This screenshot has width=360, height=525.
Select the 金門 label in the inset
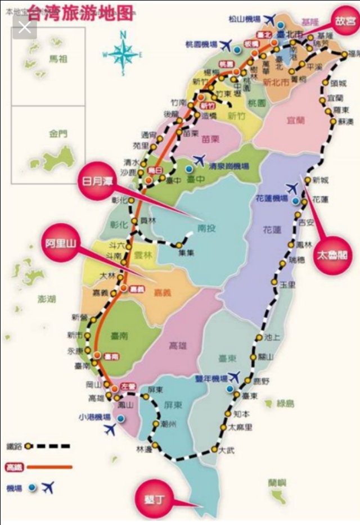click(57, 134)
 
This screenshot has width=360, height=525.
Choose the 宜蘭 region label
click(295, 119)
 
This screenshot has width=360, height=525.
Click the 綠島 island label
click(286, 403)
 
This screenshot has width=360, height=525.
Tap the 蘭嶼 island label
click(277, 482)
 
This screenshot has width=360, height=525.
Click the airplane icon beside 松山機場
click(271, 20)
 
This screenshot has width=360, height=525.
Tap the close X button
click(25, 28)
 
